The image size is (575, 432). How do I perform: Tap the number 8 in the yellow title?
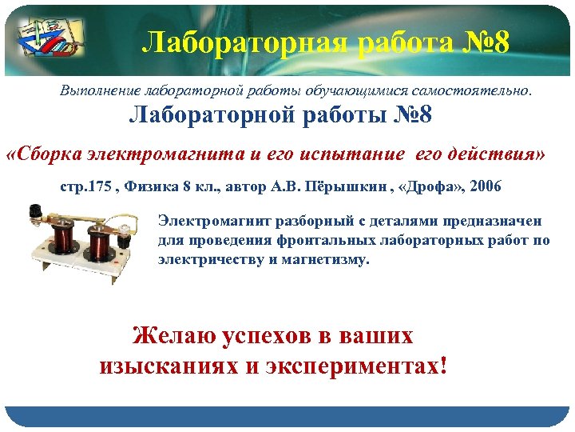pyautogui.click(x=500, y=42)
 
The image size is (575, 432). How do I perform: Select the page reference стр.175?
pyautogui.click(x=84, y=187)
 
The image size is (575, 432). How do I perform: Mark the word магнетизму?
pyautogui.click(x=326, y=259)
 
